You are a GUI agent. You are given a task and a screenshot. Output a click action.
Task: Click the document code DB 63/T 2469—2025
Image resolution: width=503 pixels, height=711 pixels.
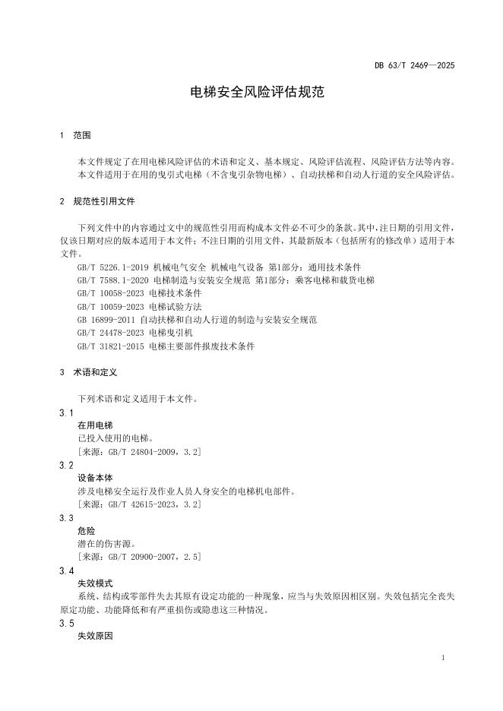point(414,66)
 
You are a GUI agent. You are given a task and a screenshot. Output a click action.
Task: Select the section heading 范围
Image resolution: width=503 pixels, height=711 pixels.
point(82,135)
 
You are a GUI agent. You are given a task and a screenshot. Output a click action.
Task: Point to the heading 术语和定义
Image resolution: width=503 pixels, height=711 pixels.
point(95,374)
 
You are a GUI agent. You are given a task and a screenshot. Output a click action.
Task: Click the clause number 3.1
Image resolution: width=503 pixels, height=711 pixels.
point(66,412)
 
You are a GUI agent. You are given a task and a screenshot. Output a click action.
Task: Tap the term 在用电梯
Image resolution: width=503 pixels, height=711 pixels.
point(95,425)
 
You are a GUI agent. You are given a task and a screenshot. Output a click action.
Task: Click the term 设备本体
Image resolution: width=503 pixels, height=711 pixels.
point(95,479)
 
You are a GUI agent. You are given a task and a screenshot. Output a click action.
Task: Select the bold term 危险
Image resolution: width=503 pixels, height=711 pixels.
point(87,531)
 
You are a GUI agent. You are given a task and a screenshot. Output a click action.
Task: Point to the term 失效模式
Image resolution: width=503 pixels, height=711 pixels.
point(95,583)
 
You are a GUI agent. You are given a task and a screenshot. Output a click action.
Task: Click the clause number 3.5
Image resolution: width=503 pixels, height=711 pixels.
point(66,624)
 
